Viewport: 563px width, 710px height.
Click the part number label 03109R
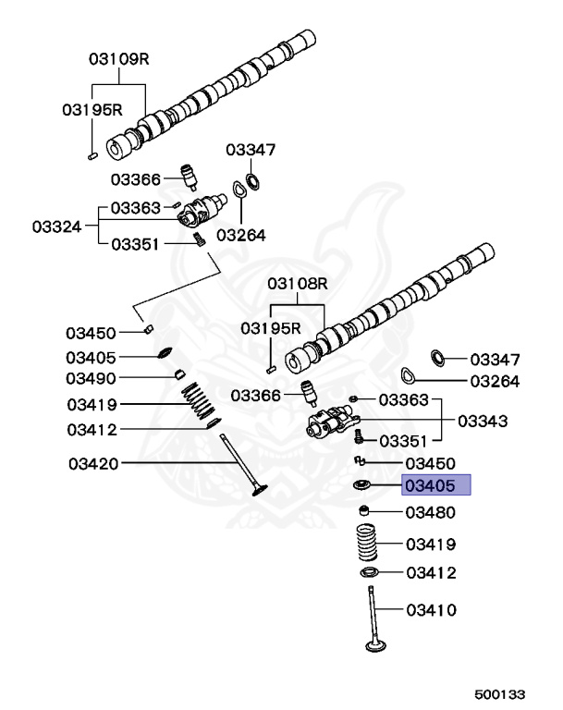119,58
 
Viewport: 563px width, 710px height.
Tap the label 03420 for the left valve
92,462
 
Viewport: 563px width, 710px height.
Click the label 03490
91,378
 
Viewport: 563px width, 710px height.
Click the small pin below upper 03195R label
92,156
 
